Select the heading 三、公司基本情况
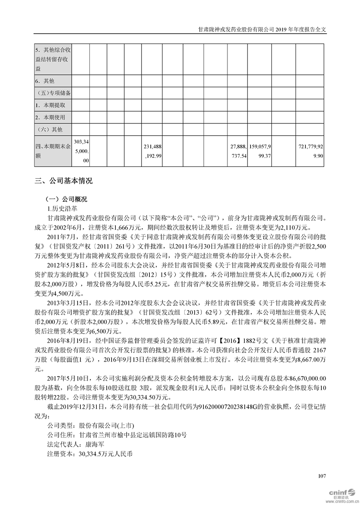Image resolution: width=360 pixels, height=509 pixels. pyautogui.click(x=64, y=181)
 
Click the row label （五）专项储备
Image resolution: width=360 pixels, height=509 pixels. pyautogui.click(x=53, y=93)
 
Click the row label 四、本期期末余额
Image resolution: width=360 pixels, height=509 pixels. pyautogui.click(x=53, y=150)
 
